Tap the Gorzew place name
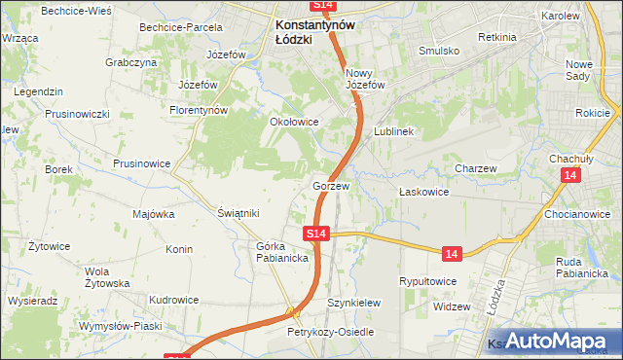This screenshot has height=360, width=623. tap(331, 185)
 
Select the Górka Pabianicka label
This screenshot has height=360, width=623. tap(282, 252)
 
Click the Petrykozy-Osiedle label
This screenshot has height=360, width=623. tap(330, 333)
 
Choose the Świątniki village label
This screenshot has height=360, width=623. tap(238, 213)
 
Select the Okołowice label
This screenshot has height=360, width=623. tap(294, 123)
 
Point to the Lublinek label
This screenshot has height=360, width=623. tap(394, 131)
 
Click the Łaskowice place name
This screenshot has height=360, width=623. tap(423, 193)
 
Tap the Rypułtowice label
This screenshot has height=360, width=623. tap(428, 281)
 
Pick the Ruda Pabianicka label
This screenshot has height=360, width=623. tap(582, 268)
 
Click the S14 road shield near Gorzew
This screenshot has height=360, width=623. tap(315, 234)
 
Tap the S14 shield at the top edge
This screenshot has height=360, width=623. tap(324, 6)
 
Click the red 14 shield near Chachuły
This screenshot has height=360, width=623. tap(571, 174)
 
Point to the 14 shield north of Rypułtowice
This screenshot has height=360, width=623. tap(450, 253)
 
